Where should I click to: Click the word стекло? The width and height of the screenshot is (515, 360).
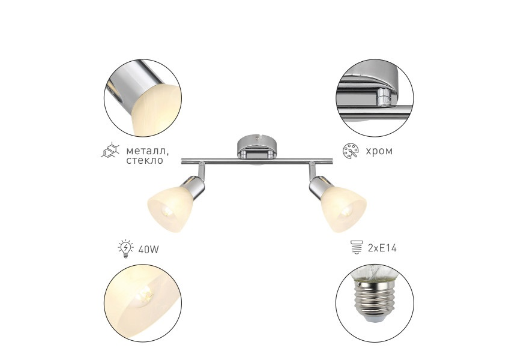145,160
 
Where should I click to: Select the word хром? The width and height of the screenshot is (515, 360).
379,151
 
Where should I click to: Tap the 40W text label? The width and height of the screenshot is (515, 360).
148,250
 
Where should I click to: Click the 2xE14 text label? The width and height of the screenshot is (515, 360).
382,248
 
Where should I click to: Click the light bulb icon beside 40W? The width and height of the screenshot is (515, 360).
125,248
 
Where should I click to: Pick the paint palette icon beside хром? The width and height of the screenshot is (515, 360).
351,151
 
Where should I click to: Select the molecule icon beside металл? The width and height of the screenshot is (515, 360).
110,151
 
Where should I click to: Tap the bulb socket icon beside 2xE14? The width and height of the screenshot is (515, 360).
357,247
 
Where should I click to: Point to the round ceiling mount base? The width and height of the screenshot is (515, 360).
257,146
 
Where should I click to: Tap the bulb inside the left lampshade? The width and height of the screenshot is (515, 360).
167,211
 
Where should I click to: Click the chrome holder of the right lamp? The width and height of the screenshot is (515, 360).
319,187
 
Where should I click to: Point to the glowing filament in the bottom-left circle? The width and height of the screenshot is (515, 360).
146,295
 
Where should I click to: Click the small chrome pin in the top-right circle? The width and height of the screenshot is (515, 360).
383,97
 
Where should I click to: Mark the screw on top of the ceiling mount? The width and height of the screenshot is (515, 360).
257,138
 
